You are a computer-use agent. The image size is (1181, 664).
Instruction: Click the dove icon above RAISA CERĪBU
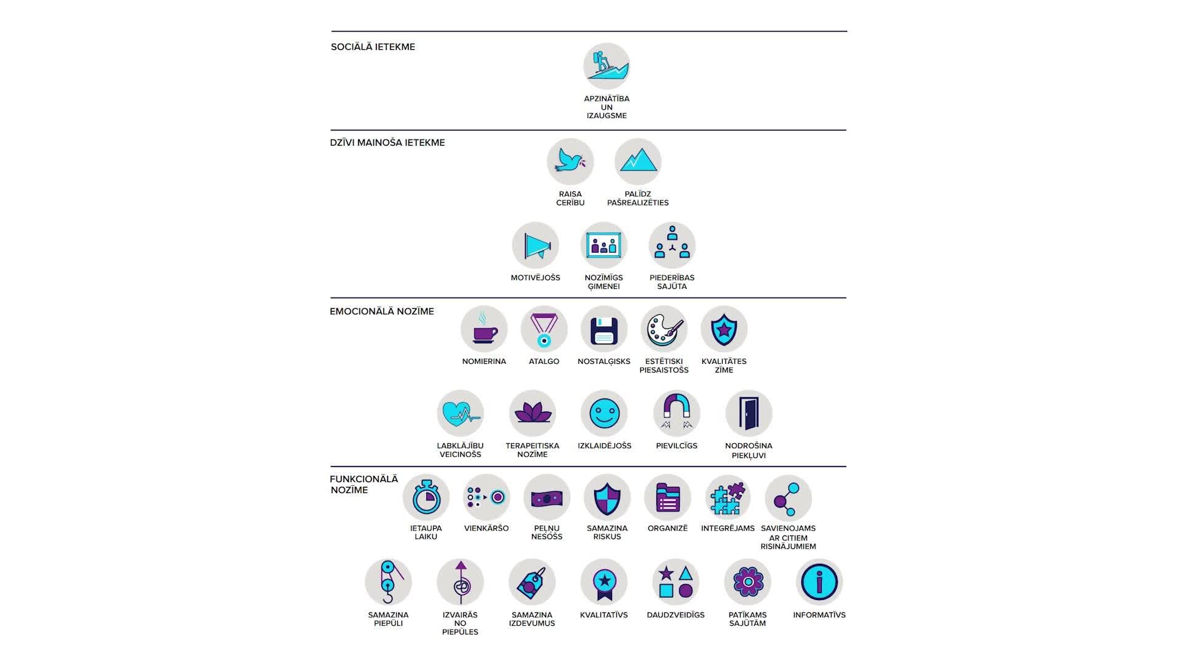570,162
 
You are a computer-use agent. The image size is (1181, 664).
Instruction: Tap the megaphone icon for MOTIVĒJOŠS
536,245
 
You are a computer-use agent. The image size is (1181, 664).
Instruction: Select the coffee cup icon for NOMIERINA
484,329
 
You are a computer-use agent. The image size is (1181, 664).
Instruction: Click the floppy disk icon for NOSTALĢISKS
604,330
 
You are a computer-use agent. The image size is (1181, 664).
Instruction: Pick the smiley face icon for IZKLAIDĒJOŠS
604,413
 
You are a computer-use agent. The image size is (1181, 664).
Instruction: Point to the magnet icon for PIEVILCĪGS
677,413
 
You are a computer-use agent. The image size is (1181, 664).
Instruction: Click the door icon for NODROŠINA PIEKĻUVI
749,413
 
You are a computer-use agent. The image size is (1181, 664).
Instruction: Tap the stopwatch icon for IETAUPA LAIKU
426,497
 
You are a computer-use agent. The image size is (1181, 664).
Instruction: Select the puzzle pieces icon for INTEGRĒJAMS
728,497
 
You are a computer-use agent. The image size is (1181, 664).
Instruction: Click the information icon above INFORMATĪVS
819,582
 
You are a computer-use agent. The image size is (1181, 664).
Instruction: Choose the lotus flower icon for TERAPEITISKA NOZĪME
533,413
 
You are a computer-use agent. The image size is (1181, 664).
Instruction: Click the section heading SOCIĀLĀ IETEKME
373,47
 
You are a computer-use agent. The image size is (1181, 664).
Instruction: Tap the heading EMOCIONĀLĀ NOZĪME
382,312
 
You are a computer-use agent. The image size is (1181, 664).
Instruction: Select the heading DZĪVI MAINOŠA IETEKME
388,143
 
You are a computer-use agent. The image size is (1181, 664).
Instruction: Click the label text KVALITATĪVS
604,615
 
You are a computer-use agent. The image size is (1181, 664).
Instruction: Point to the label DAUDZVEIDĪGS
675,615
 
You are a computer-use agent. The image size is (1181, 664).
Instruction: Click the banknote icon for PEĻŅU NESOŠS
547,497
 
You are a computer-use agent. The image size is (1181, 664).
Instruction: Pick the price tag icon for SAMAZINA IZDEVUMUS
532,582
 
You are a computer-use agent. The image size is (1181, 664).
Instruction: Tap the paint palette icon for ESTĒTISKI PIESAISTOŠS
664,330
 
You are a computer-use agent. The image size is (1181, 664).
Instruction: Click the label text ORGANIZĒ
667,528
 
